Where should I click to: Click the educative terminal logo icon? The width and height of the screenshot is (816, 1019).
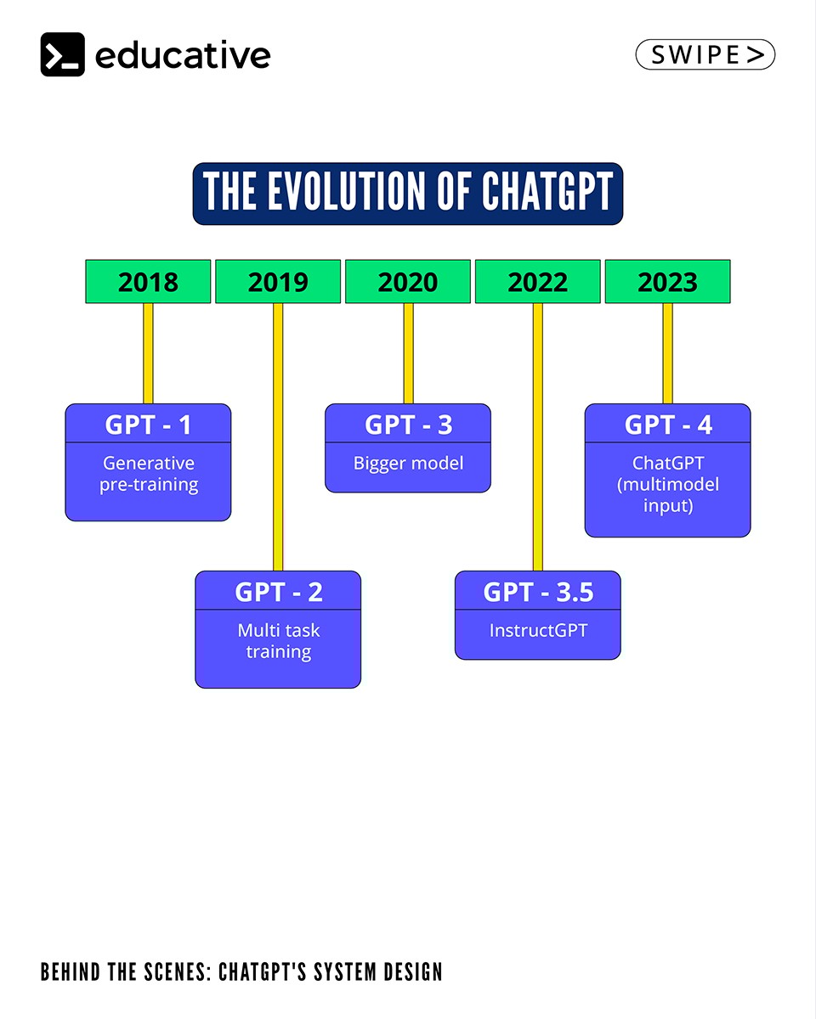click(63, 54)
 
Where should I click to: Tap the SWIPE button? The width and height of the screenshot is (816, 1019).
click(705, 54)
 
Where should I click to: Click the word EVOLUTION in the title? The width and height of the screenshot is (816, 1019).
click(347, 191)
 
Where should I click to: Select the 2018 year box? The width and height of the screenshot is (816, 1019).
click(148, 281)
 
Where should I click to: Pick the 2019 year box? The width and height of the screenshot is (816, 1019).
click(278, 281)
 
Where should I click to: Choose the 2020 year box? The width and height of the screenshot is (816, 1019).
click(408, 281)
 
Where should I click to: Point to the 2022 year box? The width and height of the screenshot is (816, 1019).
click(538, 281)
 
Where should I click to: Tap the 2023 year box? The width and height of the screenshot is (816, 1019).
click(667, 281)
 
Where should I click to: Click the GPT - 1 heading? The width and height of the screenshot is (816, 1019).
click(148, 425)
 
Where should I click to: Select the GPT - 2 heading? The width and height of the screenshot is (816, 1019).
click(278, 592)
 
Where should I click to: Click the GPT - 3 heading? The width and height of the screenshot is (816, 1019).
click(408, 425)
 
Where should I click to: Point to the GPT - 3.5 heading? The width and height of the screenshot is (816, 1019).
click(538, 592)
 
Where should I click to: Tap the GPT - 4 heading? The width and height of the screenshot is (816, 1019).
click(668, 425)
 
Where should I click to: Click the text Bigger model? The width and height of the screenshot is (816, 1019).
click(408, 464)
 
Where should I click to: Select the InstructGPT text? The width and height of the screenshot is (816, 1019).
click(538, 630)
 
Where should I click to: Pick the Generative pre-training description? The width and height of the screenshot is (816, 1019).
click(149, 474)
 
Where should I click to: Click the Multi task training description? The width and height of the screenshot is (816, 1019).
click(278, 641)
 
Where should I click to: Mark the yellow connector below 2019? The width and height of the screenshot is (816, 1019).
click(278, 437)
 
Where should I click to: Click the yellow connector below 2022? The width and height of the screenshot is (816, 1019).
click(538, 437)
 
